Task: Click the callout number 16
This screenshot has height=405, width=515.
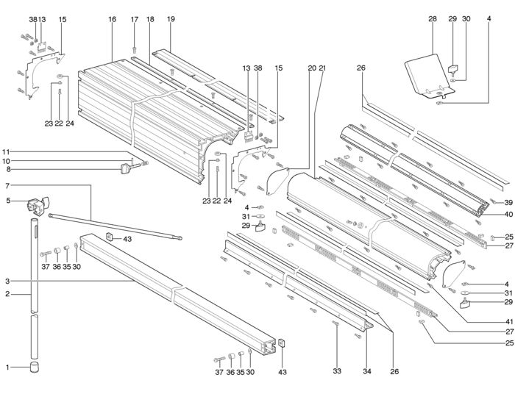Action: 113,19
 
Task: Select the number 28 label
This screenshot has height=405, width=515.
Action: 433,19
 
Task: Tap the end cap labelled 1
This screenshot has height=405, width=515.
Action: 34,367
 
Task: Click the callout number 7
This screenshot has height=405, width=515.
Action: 7,186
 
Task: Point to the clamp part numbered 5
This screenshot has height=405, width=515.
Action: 38,206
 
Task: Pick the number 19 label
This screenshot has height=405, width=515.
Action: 171,19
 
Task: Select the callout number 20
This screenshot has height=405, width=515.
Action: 312,68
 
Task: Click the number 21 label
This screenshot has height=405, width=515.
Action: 322,68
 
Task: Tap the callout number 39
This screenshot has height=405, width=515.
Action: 508,203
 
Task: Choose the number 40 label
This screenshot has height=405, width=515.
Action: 508,215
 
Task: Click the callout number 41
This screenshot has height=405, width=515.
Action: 508,322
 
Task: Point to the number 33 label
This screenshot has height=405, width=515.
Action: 337,371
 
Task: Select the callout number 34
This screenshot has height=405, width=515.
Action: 367,371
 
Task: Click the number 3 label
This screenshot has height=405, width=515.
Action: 7,282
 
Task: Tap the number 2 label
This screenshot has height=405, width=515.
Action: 7,294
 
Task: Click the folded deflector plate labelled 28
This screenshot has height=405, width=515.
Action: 427,76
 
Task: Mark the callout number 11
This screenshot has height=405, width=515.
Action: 6,152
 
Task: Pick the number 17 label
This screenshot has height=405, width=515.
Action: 135,19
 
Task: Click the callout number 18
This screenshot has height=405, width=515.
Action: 150,19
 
